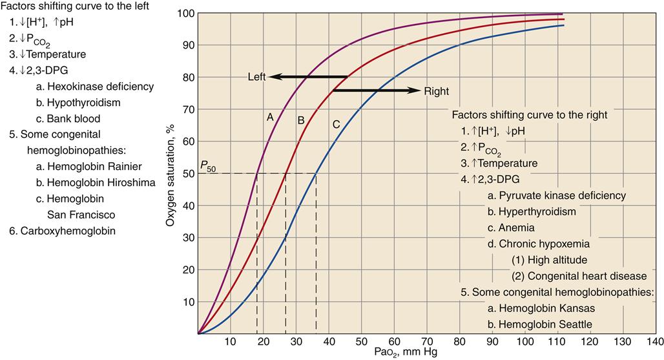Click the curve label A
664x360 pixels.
[271, 117]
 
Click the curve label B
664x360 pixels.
[300, 120]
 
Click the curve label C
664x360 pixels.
[336, 124]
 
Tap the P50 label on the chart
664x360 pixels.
[208, 165]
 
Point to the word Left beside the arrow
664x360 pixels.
[257, 77]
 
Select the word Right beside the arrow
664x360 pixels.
[436, 91]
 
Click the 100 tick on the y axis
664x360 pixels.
[186, 14]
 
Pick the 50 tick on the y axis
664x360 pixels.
[189, 174]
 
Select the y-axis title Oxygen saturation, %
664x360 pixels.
[171, 174]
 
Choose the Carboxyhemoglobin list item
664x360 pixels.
[67, 230]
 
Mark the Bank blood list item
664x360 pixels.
[73, 119]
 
